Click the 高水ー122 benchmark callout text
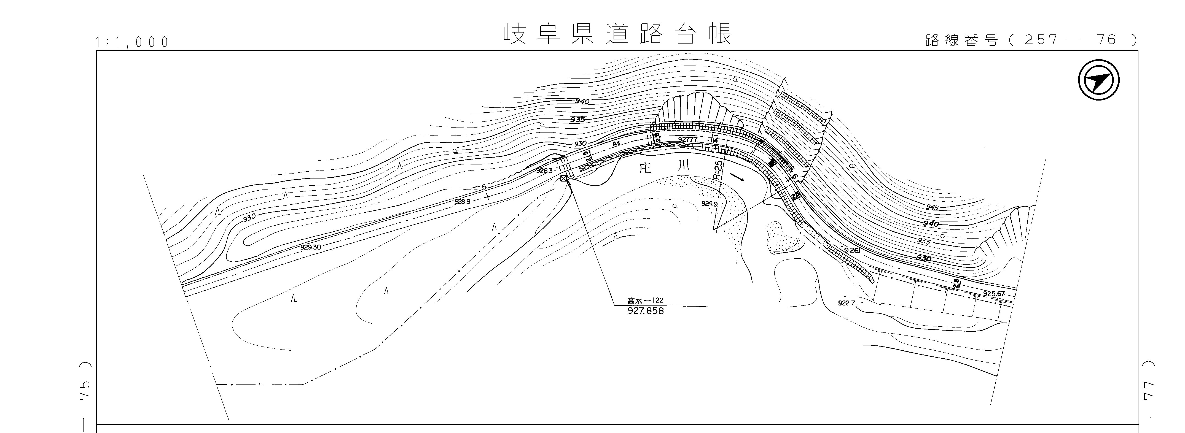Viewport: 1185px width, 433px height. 645,301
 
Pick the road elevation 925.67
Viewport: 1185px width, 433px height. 994,294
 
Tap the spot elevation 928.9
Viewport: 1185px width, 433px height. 462,201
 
